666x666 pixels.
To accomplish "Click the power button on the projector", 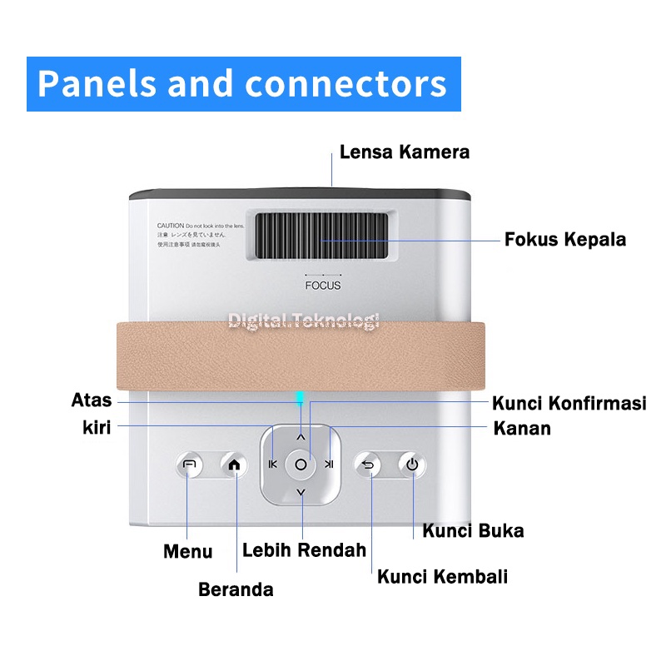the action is click(x=411, y=465).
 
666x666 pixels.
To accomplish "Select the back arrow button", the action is click(x=368, y=465).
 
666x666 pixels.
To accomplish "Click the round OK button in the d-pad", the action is click(x=301, y=465).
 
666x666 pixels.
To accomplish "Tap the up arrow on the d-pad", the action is click(x=301, y=436).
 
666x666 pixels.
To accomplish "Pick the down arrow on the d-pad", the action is click(x=301, y=493).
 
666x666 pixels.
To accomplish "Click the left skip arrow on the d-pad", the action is click(x=272, y=465).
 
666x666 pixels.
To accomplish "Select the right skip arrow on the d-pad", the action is click(x=329, y=465).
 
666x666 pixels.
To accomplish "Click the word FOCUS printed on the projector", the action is click(x=322, y=286).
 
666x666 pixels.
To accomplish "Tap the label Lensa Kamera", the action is click(x=405, y=152).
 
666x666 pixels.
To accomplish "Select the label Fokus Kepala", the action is click(x=565, y=241).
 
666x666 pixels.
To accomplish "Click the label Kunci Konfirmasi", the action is click(x=569, y=404).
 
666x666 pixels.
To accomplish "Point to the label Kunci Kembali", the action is click(x=442, y=577).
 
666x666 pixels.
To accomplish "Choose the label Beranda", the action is click(x=236, y=590).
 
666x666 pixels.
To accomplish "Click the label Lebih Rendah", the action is click(x=304, y=550).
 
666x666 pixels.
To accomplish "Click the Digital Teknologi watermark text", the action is click(x=304, y=320).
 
